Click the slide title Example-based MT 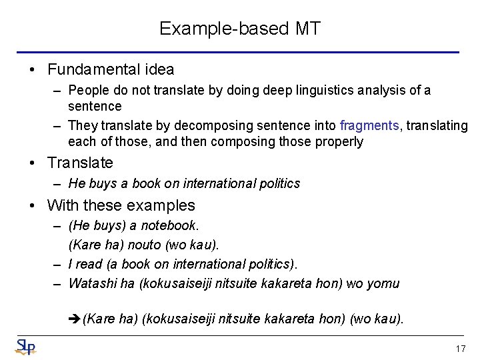[x=240, y=29]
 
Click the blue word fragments [x=369, y=125]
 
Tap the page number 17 [x=460, y=349]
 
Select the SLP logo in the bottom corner [x=25, y=347]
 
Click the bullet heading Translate [x=80, y=163]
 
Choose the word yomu [x=383, y=283]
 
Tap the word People [x=87, y=90]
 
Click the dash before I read [x=58, y=264]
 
